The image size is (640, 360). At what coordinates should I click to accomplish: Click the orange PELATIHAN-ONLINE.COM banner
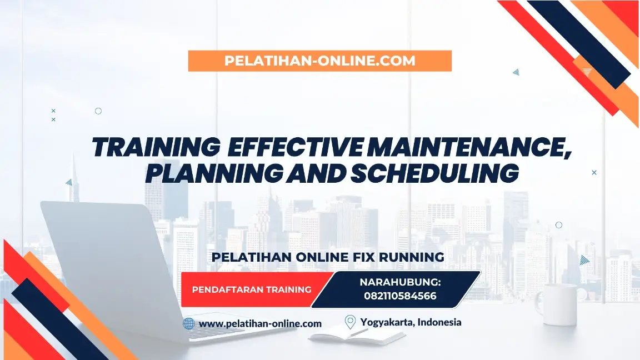[319, 61]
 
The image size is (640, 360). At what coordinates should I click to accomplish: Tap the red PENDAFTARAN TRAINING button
[251, 289]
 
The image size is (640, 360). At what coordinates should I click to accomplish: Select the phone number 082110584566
[400, 296]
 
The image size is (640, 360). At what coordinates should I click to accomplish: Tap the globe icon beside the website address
[189, 323]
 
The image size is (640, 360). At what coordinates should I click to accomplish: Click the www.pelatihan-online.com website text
[260, 323]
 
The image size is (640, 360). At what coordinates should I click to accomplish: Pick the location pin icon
[350, 322]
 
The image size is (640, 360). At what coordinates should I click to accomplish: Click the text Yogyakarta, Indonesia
[411, 322]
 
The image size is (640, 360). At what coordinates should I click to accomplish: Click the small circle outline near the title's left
[98, 111]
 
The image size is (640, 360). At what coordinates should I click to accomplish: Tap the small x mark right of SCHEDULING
[594, 173]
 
